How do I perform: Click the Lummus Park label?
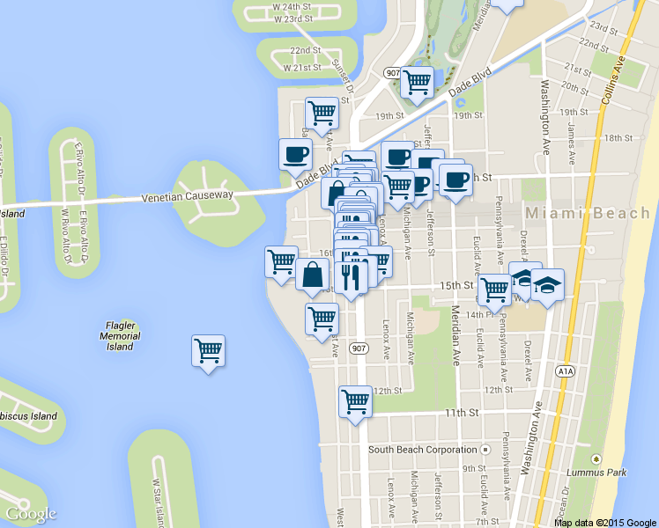[622, 473]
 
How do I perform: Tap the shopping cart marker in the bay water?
[208, 351]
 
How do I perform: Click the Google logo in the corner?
[31, 514]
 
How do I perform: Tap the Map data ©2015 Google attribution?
[604, 522]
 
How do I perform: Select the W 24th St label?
[292, 5]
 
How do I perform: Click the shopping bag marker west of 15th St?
[313, 275]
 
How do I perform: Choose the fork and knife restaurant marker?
[351, 278]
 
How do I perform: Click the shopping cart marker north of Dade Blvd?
[417, 83]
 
